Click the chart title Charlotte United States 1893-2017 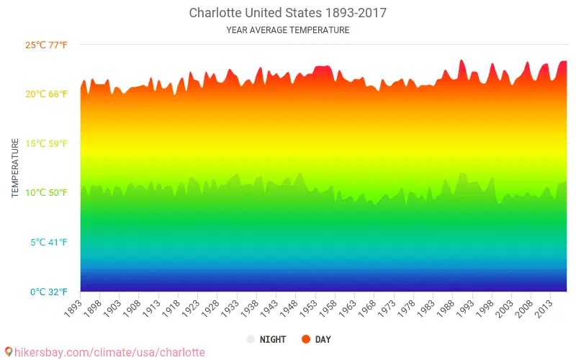[288, 13]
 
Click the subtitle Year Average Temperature [288, 30]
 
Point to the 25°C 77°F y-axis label [46, 45]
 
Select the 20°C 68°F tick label [46, 94]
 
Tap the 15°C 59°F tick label [46, 144]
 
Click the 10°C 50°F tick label [46, 193]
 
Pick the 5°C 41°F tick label [48, 243]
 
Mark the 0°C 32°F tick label [48, 292]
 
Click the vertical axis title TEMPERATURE [15, 168]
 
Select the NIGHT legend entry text [273, 339]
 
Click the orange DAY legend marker [305, 339]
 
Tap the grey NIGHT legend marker [251, 339]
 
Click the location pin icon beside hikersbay [9, 352]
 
